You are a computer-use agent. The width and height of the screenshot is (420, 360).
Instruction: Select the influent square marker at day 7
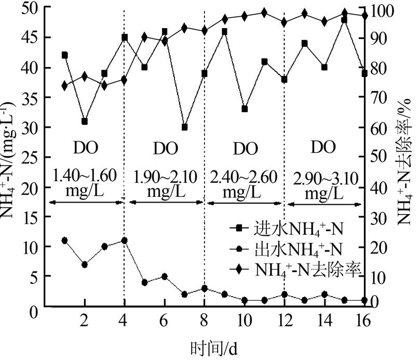tap(184, 127)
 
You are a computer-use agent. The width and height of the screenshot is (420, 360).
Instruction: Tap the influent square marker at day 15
tap(344, 20)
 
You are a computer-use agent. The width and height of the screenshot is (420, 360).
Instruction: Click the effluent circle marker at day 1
tap(64, 240)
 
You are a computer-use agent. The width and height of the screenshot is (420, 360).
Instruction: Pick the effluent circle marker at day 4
tap(125, 240)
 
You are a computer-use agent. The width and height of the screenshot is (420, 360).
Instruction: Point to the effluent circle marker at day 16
tap(364, 300)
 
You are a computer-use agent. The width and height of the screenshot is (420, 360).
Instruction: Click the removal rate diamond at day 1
tap(64, 86)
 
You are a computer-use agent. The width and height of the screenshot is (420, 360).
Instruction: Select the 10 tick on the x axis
tap(244, 321)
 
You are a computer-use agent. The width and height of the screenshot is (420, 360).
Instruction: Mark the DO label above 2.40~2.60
tap(245, 149)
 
